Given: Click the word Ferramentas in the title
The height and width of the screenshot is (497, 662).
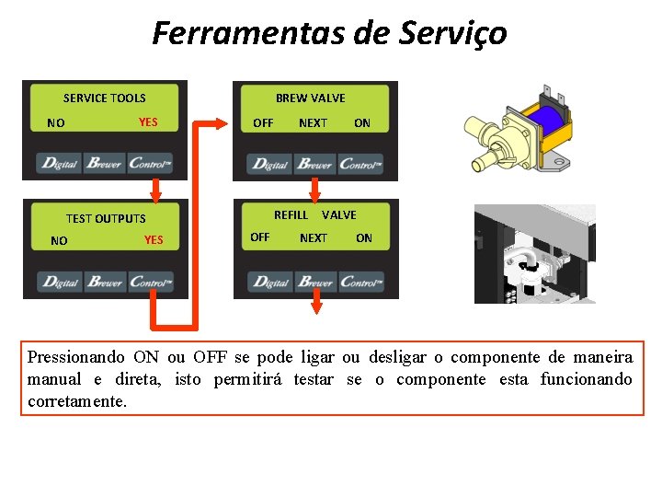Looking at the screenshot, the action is coord(237,33).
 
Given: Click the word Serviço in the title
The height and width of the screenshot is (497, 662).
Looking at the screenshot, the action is coord(453,33).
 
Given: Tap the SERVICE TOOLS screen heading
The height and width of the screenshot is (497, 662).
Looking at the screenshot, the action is coord(104,98).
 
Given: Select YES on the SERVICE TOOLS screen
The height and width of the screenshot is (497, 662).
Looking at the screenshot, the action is coord(148,121).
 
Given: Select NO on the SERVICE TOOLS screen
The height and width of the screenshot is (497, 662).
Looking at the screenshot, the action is coord(56,122).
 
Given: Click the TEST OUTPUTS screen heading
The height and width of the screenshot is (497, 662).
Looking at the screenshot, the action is coord(106,218).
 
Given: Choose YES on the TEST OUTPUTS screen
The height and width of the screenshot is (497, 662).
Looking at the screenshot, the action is coord(154,240).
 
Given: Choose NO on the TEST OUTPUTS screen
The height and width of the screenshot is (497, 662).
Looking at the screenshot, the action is coord(59,241).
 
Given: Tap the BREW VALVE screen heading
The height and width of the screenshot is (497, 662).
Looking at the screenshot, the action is coord(311,98).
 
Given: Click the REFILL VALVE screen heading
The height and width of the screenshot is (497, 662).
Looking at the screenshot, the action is coord(314,214).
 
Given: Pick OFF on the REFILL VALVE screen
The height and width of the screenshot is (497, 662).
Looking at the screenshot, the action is coord(260,237).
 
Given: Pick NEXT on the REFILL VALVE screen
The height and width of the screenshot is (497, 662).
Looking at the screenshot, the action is coord(314,238).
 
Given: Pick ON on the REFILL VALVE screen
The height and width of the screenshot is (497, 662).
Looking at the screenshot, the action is coord(364,238).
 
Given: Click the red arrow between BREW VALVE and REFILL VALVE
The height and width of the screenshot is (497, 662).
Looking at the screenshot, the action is coord(314,190).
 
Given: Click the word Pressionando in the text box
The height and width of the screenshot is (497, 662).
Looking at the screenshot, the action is coord(76,357).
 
